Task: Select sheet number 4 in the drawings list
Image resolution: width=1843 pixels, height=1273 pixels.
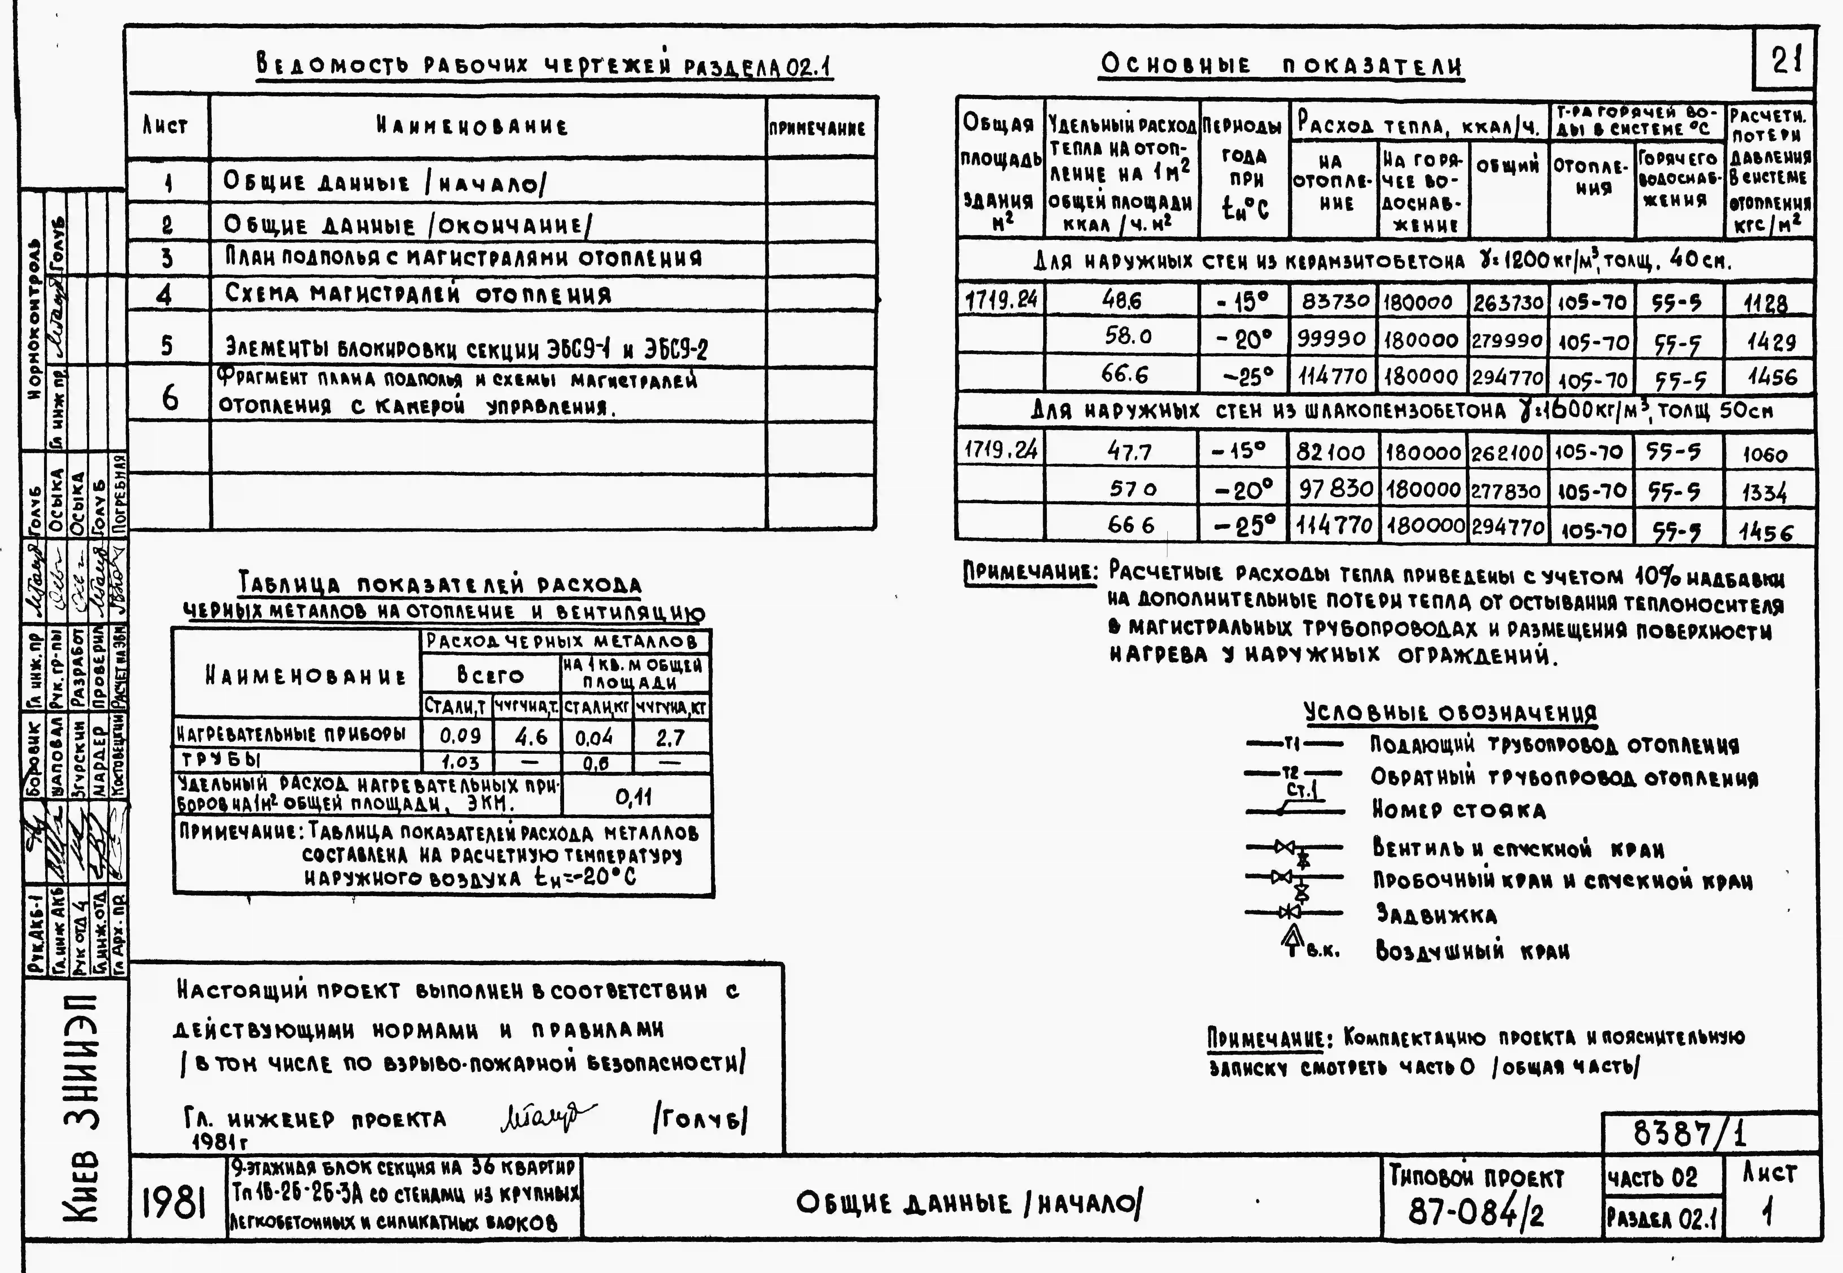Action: pyautogui.click(x=165, y=295)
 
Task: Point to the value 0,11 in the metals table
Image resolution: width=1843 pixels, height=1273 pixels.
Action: pyautogui.click(x=634, y=796)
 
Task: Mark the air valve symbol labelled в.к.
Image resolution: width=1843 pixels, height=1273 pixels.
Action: pyautogui.click(x=1294, y=941)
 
